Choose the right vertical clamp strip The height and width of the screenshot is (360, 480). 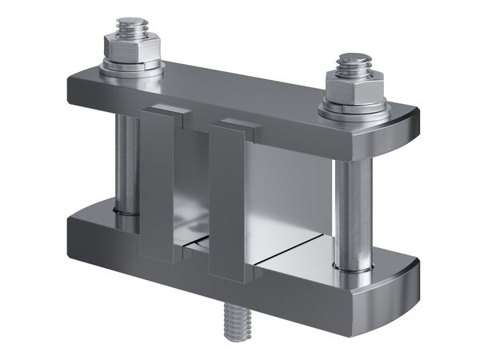pos(226,204)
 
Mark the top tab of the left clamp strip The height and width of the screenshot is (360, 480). pos(166,111)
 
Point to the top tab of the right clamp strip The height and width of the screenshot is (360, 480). pos(235,125)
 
